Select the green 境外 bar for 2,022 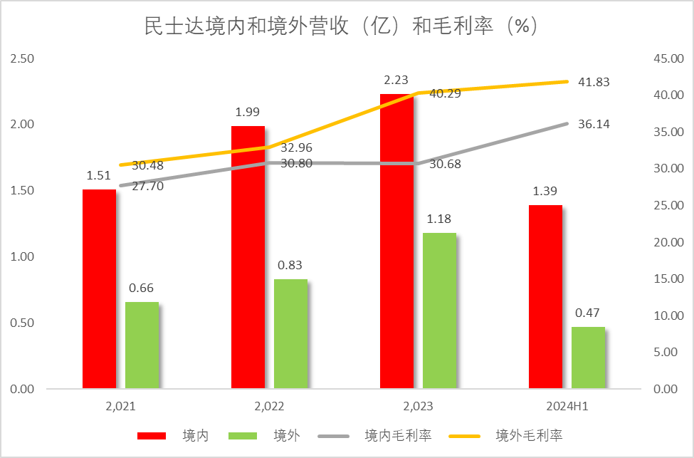coord(290,334)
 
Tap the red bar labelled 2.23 coord(396,241)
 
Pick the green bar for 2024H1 coord(588,358)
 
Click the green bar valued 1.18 coord(439,311)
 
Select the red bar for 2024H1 coord(545,297)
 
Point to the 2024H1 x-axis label coord(567,407)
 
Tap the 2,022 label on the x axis coord(269,407)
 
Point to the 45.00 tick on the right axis coord(668,58)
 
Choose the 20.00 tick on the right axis coord(668,242)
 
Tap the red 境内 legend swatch coord(151,435)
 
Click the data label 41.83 coord(594,82)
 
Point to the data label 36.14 coord(594,124)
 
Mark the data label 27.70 coord(148,187)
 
